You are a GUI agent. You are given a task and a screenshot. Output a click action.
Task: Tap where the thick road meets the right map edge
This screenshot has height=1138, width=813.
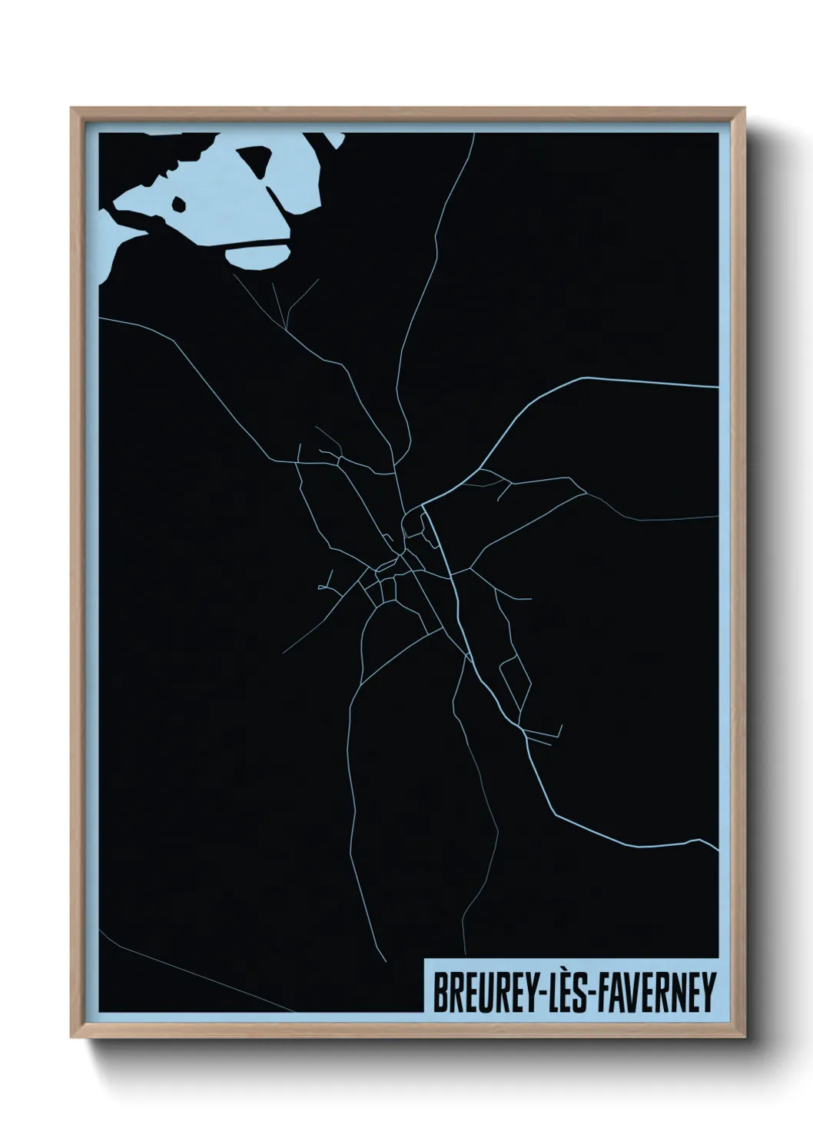pyautogui.click(x=718, y=387)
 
